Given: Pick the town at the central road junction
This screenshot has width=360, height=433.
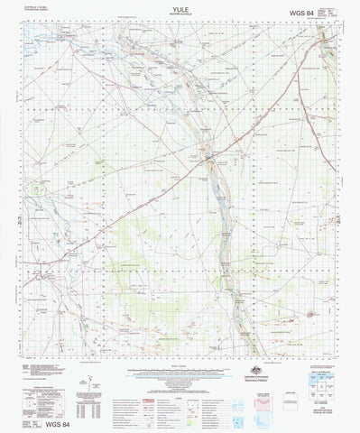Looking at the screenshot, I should click(x=209, y=161).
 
